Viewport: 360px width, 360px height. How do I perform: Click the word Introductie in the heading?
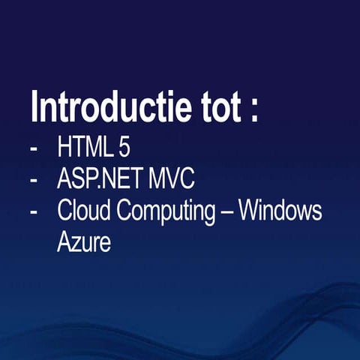tap(112, 107)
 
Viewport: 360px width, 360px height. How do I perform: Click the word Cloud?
tap(83, 211)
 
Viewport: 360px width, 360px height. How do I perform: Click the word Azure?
tap(84, 244)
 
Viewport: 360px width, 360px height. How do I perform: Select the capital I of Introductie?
tap(34, 107)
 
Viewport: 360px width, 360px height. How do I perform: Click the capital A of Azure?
tap(64, 244)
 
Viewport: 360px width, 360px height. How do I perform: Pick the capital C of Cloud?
tap(65, 211)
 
